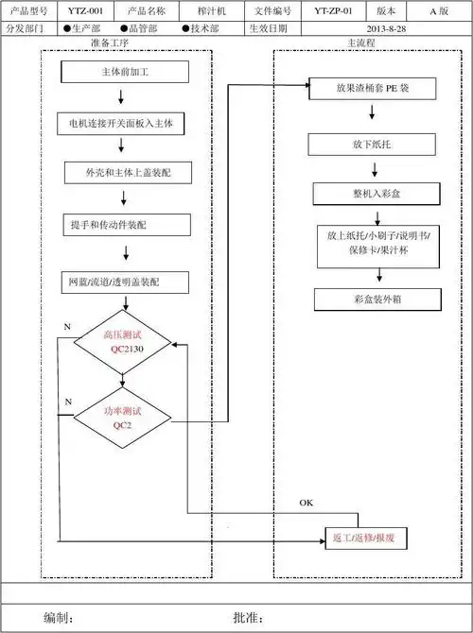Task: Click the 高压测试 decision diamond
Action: tap(123, 342)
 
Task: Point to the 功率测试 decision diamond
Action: tap(123, 417)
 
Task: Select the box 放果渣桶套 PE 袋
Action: tap(371, 89)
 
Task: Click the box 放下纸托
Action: tap(371, 145)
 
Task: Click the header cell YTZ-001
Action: tap(85, 11)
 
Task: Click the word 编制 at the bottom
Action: tap(59, 617)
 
